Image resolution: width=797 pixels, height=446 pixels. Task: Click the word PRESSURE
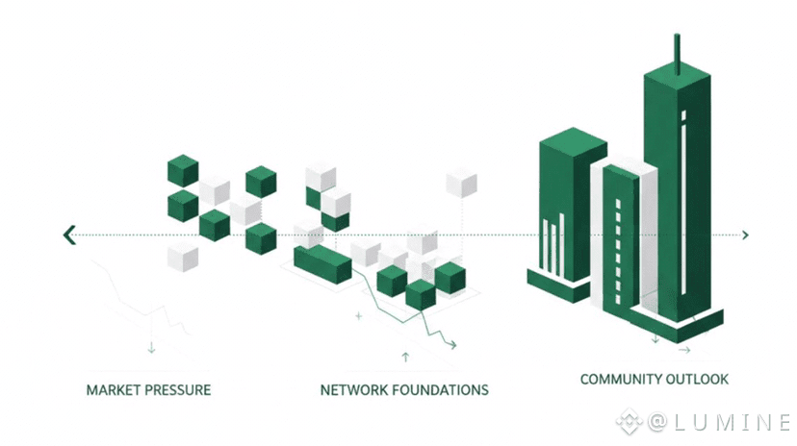[178, 390]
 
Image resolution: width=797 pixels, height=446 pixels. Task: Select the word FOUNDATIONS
[442, 390]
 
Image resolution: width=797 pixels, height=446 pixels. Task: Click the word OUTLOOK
[699, 380]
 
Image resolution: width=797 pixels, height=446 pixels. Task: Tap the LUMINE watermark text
[731, 421]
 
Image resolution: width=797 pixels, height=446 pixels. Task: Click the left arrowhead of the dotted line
[68, 235]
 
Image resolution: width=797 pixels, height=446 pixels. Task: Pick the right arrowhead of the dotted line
[745, 235]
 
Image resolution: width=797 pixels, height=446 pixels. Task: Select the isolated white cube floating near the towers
[461, 183]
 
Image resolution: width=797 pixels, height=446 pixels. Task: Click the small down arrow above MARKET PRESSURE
[151, 347]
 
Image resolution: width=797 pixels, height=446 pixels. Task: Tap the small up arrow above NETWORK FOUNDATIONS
[405, 357]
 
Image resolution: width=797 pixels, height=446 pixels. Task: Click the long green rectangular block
[322, 262]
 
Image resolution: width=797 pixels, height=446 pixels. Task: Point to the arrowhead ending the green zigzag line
[451, 343]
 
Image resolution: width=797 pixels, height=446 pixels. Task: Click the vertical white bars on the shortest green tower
[553, 245]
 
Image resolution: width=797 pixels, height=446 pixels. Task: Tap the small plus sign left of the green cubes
[359, 315]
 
